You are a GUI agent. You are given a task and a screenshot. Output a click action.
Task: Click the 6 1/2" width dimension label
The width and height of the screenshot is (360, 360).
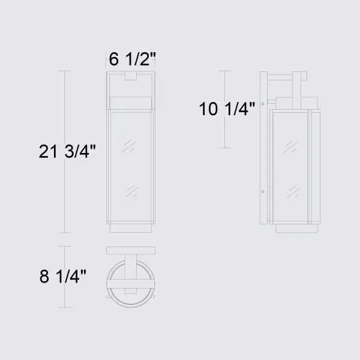click(132, 59)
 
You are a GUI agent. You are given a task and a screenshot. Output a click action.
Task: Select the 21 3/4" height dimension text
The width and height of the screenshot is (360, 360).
click(67, 152)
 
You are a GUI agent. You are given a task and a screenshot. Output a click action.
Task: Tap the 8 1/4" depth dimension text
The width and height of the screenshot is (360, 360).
click(62, 276)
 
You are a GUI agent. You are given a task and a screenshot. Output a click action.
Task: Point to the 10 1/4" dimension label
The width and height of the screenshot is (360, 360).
click(227, 109)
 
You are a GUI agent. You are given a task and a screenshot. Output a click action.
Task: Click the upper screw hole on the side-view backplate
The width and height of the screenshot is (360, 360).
click(263, 104)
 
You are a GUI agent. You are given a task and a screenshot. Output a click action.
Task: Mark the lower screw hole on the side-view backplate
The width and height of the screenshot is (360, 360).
click(263, 191)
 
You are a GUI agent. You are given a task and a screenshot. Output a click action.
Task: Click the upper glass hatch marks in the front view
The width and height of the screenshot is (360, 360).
click(128, 146)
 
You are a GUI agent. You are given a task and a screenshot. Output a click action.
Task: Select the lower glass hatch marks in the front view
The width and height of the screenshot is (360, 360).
click(132, 191)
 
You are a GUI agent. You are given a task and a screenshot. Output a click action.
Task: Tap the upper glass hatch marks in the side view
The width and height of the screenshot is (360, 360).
click(290, 147)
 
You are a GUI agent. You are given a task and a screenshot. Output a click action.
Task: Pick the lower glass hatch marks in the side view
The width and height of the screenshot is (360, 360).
click(293, 192)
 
